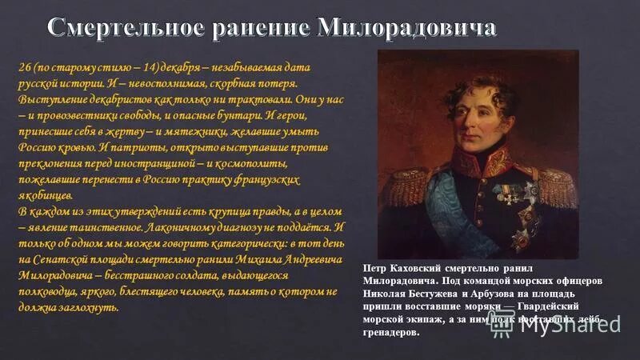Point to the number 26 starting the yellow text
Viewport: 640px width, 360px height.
point(26,67)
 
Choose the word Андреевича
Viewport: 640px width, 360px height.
point(314,260)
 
